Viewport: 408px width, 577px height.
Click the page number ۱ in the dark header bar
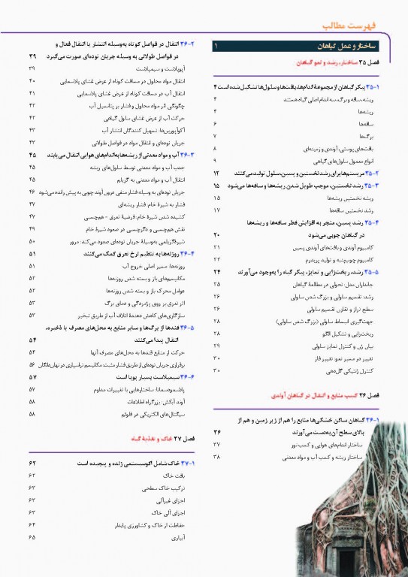coord(216,47)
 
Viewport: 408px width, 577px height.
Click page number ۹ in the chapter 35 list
coord(216,161)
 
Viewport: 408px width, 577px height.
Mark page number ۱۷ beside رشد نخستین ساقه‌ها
coord(216,210)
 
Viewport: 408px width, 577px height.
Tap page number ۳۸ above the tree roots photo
coord(216,456)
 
